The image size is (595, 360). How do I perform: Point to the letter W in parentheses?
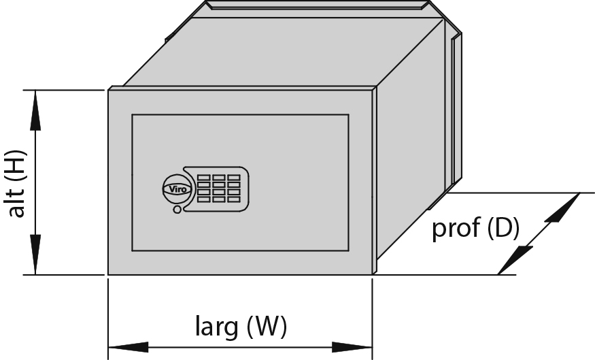[x=266, y=326]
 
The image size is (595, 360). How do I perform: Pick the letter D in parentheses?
[x=503, y=228]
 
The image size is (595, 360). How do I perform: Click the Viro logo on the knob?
[x=177, y=189]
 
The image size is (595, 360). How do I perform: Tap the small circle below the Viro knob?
[x=177, y=209]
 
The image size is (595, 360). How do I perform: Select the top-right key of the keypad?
[x=234, y=178]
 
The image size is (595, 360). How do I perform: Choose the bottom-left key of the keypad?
[x=203, y=199]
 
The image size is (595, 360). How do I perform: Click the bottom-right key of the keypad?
[x=234, y=199]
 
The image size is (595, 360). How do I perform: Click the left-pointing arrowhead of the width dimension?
[x=129, y=347]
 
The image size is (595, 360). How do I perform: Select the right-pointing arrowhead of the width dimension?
[x=352, y=347]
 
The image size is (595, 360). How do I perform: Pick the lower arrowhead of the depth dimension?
[x=515, y=260]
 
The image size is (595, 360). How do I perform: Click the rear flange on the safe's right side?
[x=456, y=110]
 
